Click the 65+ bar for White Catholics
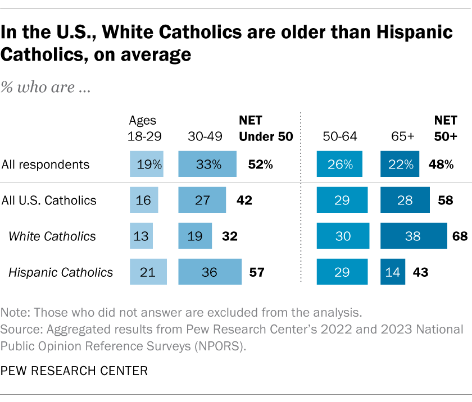tap(413, 236)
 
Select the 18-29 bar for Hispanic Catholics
tap(148, 272)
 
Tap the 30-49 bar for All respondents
tap(208, 165)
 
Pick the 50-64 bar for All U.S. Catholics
tap(342, 200)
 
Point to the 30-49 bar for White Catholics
tap(196, 236)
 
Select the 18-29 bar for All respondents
tap(146, 165)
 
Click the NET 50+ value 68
tap(460, 236)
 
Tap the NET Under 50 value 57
tap(256, 272)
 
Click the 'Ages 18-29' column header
tap(143, 128)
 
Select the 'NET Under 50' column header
tap(266, 128)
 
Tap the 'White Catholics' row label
tap(52, 236)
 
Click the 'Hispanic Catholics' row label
tap(61, 272)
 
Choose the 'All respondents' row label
tap(46, 165)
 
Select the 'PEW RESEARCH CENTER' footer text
tap(75, 371)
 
